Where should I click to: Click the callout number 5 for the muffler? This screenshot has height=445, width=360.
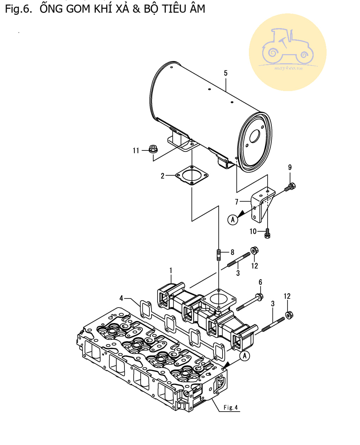pyautogui.click(x=226, y=73)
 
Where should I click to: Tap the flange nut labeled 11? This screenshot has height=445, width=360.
pyautogui.click(x=153, y=149)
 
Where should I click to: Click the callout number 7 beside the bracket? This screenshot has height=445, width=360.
pyautogui.click(x=237, y=202)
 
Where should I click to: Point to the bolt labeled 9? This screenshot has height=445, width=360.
pyautogui.click(x=291, y=186)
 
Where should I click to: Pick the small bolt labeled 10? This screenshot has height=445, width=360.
pyautogui.click(x=267, y=233)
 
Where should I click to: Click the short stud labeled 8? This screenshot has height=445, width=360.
pyautogui.click(x=219, y=254)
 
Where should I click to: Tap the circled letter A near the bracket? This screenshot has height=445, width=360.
pyautogui.click(x=233, y=220)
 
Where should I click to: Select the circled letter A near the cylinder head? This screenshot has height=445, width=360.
pyautogui.click(x=245, y=356)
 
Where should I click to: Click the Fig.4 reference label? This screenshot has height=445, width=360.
pyautogui.click(x=231, y=408)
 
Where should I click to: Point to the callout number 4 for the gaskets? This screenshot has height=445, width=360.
pyautogui.click(x=121, y=298)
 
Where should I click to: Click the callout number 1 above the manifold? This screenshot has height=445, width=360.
pyautogui.click(x=171, y=270)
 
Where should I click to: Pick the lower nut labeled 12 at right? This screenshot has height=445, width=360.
pyautogui.click(x=288, y=314)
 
